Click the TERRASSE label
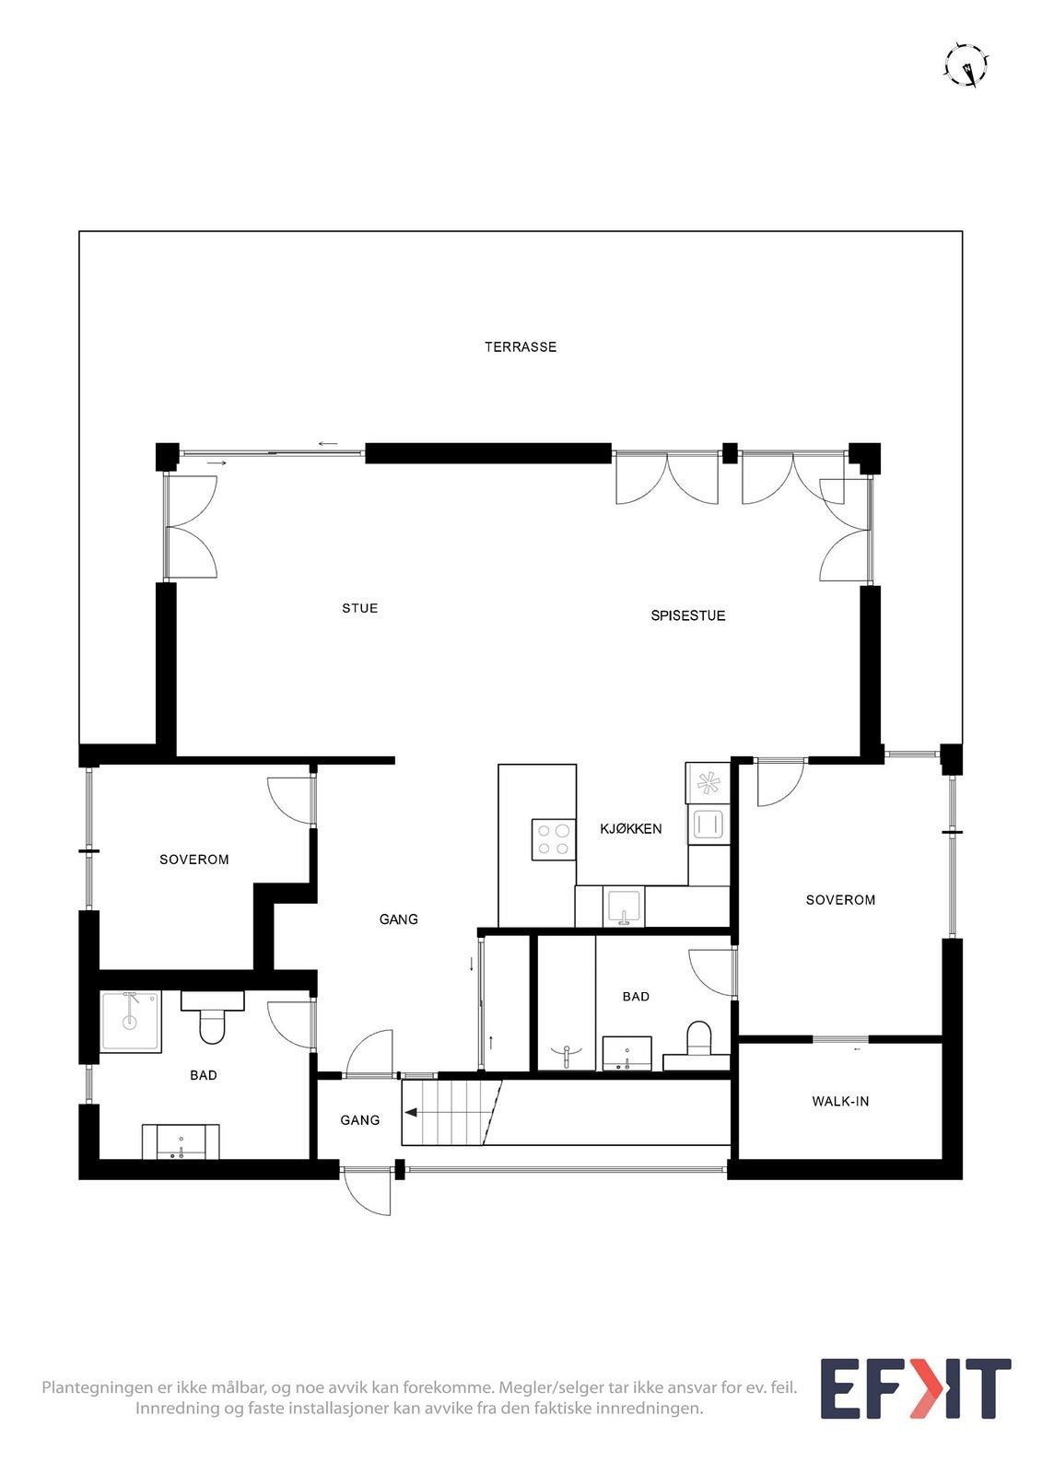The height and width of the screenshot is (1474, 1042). click(521, 347)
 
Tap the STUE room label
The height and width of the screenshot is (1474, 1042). click(359, 608)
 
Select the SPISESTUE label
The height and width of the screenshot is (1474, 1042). click(687, 615)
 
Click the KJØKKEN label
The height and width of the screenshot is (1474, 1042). click(630, 829)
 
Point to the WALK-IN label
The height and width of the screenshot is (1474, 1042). click(840, 1101)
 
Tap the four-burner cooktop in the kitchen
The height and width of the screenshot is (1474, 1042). click(553, 839)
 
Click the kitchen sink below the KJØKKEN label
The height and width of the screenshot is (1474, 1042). click(624, 907)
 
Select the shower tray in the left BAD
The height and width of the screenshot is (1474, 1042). click(130, 1021)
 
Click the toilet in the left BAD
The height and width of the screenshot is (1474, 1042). click(212, 1025)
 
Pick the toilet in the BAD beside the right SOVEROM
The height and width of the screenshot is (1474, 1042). click(699, 1038)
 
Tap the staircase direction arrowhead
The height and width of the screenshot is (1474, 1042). click(408, 1113)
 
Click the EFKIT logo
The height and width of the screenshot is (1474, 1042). click(915, 1388)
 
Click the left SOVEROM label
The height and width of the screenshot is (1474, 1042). click(193, 860)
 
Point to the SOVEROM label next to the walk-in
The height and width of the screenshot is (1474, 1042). click(840, 900)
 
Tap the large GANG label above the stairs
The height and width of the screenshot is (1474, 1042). click(398, 919)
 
